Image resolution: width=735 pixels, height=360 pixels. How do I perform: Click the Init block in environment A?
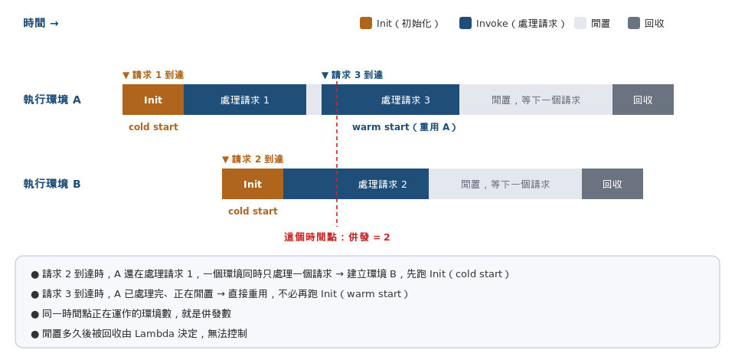[153, 100]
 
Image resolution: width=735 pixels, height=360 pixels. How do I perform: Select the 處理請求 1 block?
[245, 100]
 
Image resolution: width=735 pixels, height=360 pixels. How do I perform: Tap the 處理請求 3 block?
[390, 100]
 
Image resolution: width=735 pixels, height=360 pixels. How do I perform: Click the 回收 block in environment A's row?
[642, 100]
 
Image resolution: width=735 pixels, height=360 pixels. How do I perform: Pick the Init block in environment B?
[253, 184]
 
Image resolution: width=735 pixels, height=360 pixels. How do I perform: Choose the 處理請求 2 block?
[356, 184]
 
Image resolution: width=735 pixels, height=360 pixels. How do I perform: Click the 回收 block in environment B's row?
[612, 184]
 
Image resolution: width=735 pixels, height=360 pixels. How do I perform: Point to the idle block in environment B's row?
[505, 184]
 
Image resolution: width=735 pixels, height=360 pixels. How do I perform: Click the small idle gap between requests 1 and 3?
[314, 100]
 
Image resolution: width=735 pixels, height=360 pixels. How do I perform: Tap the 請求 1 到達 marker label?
[153, 75]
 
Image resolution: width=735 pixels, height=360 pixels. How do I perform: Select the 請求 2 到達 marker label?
[253, 159]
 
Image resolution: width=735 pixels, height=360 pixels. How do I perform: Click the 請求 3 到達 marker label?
[352, 75]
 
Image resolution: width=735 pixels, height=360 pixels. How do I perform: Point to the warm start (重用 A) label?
[404, 127]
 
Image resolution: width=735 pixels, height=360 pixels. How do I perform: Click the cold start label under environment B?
[253, 211]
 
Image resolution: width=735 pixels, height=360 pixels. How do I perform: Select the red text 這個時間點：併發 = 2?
[337, 237]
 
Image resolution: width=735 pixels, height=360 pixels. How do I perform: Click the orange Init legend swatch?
[366, 23]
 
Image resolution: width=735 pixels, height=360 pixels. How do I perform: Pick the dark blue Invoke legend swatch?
[465, 23]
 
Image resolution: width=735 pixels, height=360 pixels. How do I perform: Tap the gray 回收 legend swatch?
[634, 23]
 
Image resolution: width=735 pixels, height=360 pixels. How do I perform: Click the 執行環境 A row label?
[52, 100]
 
